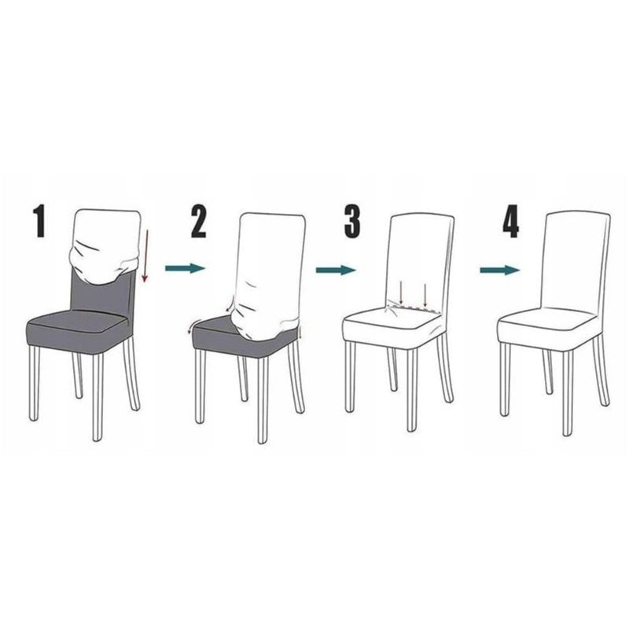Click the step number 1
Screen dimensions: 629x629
point(39,221)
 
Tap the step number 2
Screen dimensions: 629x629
point(199,221)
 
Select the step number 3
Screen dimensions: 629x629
point(352,221)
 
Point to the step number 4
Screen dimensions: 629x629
point(510,221)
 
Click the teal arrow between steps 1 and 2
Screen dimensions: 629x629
point(185,268)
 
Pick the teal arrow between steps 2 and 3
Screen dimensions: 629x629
point(336,270)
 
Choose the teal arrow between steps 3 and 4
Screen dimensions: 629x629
point(500,270)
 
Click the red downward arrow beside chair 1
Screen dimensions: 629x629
point(145,256)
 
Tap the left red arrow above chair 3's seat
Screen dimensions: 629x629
point(401,292)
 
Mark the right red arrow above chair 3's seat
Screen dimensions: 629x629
point(425,295)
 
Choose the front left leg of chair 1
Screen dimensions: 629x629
point(34,383)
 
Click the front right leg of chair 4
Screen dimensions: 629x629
point(568,393)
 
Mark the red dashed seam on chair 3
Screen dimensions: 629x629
point(414,309)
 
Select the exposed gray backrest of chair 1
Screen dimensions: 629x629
point(102,292)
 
